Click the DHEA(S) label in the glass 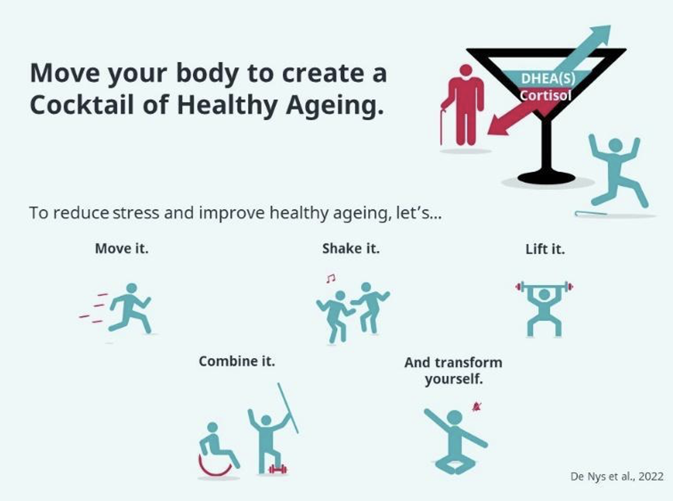point(548,79)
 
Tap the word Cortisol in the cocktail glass point(545,96)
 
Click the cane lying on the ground point(590,213)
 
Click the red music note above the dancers point(331,278)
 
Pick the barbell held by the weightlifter point(544,286)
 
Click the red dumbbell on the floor point(278,469)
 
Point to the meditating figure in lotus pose point(455,443)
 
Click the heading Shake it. point(351,249)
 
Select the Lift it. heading point(545,249)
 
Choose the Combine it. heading point(237,361)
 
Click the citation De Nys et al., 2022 point(617,477)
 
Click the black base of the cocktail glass point(546,177)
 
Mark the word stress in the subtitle point(136,213)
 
